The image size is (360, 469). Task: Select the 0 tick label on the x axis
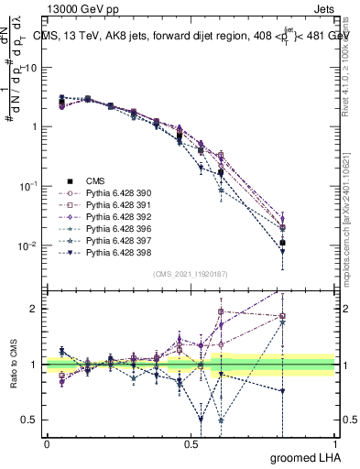47,442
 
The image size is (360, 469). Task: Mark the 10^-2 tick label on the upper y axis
30,245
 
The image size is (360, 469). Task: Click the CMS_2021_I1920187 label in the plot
191,274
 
